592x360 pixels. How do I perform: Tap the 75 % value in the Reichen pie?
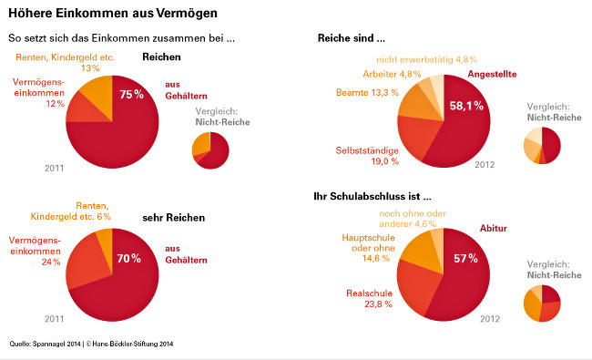131,95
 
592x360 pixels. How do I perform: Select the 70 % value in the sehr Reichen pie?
129,259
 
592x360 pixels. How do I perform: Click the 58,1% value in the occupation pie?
466,107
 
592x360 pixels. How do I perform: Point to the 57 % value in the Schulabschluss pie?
465,259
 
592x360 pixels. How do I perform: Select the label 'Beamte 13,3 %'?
366,92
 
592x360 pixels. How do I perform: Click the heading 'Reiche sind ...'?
351,38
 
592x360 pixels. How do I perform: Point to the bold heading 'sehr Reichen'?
173,218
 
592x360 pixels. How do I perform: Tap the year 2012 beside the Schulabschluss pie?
490,319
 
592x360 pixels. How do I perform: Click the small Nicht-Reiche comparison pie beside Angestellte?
542,146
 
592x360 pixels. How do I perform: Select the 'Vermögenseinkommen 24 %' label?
36,251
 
